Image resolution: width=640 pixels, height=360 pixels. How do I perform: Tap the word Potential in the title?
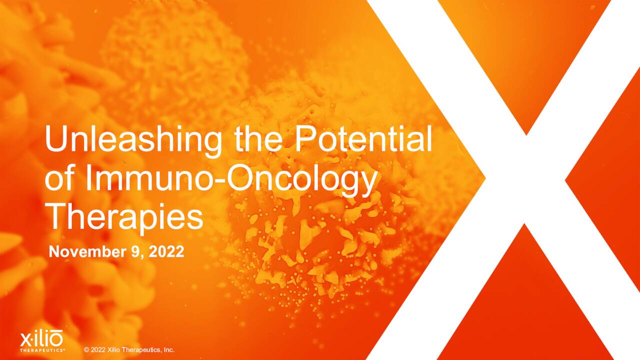[x=363, y=139]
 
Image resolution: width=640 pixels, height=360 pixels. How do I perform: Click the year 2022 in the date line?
[x=166, y=252]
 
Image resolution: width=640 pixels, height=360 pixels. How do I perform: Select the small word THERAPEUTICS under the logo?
[x=42, y=350]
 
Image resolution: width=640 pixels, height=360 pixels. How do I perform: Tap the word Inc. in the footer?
[x=168, y=350]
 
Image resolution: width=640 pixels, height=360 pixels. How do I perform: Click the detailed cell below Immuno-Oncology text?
[x=310, y=250]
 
